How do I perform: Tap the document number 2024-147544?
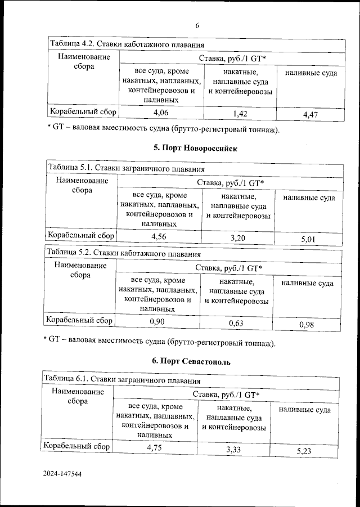click(62, 475)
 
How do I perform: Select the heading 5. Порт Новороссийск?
click(196, 149)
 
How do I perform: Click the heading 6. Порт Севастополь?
click(194, 360)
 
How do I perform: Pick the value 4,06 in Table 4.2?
click(161, 113)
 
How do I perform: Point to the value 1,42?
click(240, 114)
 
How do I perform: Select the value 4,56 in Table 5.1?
click(159, 236)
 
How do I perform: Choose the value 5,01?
click(309, 239)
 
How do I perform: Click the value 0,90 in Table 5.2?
click(157, 321)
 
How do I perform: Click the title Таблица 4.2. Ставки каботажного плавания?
click(127, 44)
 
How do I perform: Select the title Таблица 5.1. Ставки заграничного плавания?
click(125, 167)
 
